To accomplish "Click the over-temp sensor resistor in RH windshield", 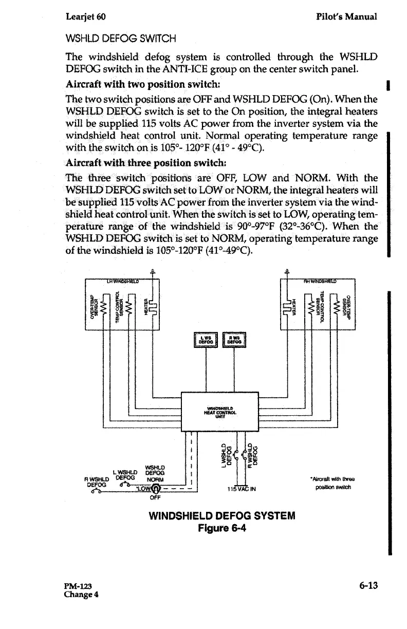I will click(336, 308).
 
